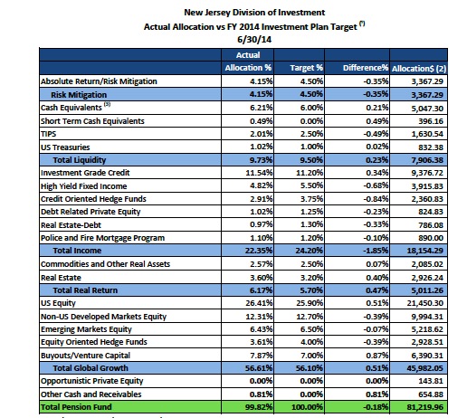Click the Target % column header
(306, 68)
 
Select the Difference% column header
(366, 68)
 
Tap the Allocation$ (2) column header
(419, 69)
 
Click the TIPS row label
(49, 134)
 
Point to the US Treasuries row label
(65, 147)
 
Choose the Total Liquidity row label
(80, 160)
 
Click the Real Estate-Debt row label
(71, 225)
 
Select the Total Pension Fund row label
(76, 407)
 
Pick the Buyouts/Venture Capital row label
(85, 356)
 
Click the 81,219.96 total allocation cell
(424, 407)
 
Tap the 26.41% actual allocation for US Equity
(259, 303)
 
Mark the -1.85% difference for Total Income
(376, 251)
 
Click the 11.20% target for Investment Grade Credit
(310, 173)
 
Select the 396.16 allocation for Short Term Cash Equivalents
(431, 121)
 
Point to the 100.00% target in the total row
(307, 407)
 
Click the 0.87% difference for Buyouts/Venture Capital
(376, 356)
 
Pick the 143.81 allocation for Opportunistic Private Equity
(431, 381)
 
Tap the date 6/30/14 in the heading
(254, 40)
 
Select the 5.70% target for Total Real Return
(311, 290)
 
